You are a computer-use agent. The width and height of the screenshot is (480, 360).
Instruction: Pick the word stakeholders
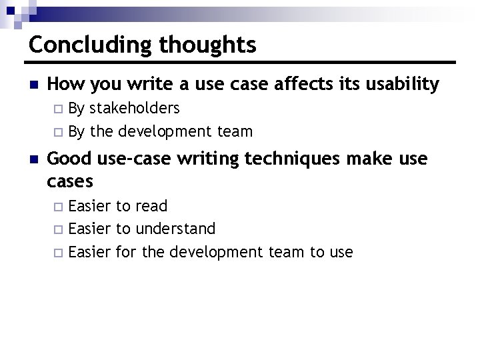(x=135, y=108)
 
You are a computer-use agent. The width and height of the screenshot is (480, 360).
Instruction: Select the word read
(x=151, y=206)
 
